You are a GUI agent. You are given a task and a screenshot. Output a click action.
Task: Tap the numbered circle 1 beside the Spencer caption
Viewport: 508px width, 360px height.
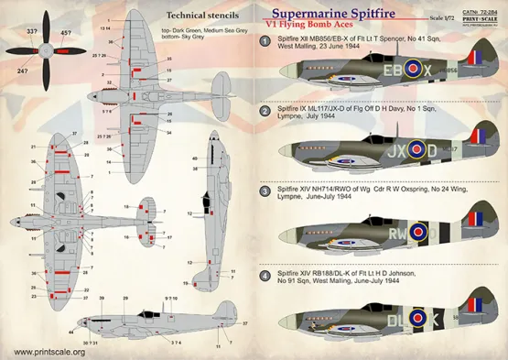(264, 41)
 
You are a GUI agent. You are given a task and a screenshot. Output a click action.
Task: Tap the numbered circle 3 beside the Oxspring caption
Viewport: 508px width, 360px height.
(264, 193)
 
